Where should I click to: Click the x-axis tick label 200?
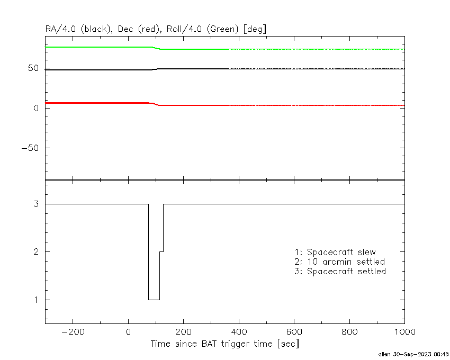[183, 332]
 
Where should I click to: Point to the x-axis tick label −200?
[73, 332]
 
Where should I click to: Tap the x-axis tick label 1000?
[404, 332]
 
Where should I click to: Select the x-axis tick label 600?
[294, 332]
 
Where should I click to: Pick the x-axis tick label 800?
[349, 332]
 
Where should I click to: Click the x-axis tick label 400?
[239, 332]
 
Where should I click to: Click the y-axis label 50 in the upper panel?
[33, 68]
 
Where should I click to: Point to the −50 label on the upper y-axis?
[30, 148]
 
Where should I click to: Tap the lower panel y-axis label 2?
[36, 252]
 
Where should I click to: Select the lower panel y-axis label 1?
[36, 300]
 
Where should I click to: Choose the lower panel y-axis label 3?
[36, 204]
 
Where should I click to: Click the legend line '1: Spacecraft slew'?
[335, 252]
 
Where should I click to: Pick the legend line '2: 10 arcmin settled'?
[340, 262]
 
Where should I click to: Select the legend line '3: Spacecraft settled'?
[340, 271]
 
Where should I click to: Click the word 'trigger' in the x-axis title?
[233, 344]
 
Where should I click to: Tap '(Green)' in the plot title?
[222, 29]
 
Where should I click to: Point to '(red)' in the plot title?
[149, 29]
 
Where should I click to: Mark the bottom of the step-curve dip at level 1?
[154, 300]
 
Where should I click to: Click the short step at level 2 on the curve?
[161, 251]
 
